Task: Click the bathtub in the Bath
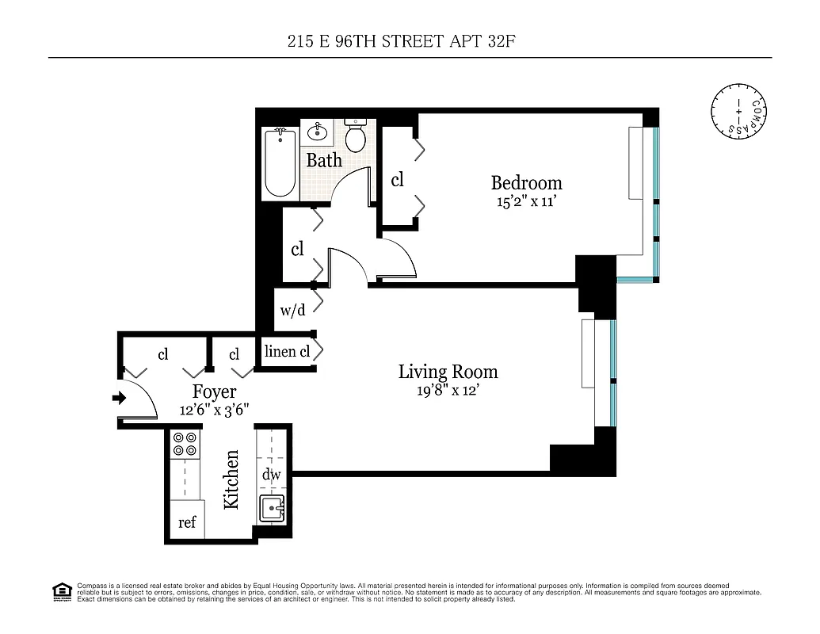280,163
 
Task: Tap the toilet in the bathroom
356,136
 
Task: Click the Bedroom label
526,183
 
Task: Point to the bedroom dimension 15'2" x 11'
526,201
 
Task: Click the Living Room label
448,371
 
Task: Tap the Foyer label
214,391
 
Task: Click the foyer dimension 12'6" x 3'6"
214,410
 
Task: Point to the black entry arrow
120,398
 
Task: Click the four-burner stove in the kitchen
185,444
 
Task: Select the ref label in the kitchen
187,523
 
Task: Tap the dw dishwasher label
270,474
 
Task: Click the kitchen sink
271,507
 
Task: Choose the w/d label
292,311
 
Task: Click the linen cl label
287,352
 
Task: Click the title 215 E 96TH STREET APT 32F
410,41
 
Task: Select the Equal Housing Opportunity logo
61,590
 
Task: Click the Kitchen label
231,479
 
